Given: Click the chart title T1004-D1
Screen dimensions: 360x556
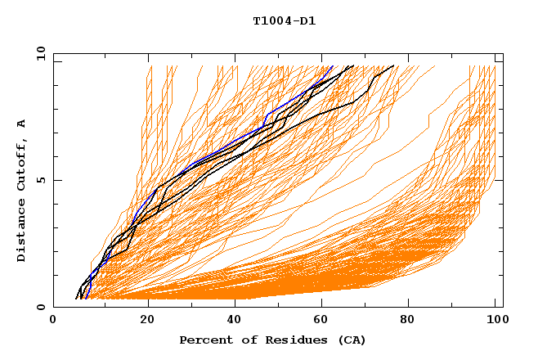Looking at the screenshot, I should coord(284,21).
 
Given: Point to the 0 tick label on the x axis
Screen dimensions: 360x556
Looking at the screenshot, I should coord(53,322).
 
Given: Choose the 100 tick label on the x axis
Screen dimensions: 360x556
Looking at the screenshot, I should coord(495,322).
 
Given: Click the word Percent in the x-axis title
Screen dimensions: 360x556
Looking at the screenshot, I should coord(203,340).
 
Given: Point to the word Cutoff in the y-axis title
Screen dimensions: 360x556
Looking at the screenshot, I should coord(22,164).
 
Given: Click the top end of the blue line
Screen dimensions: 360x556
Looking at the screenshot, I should coord(333,66).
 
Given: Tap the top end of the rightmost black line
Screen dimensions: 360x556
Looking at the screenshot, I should coord(394,66).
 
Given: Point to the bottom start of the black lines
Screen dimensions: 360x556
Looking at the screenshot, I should coord(77,298).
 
